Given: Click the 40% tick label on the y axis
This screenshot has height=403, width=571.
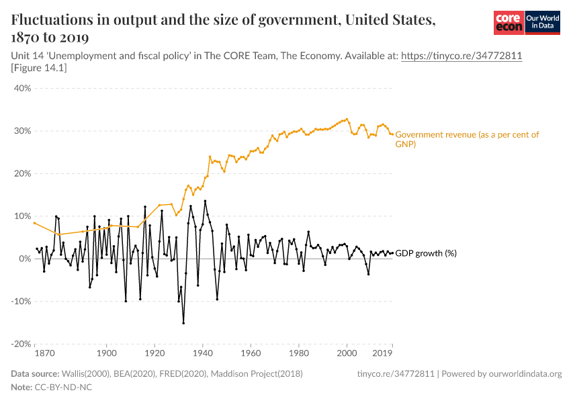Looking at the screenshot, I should (x=22, y=88).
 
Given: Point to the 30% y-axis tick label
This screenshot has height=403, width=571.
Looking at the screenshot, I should (x=22, y=131).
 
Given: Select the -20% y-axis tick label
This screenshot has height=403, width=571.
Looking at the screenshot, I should (x=21, y=344).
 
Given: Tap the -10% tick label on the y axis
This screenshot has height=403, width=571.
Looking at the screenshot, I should (x=21, y=302).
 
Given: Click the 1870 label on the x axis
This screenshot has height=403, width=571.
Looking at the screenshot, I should (x=44, y=353).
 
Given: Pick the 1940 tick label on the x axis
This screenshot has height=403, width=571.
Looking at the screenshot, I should (x=202, y=353).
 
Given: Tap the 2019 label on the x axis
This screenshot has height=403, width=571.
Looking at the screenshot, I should (x=383, y=353).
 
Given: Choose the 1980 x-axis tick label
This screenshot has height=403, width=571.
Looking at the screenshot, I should (x=298, y=353).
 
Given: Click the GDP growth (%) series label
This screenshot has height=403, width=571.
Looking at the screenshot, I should (x=425, y=253).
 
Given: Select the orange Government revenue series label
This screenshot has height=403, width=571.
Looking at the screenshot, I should (x=467, y=139).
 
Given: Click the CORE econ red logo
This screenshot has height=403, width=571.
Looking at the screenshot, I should (x=509, y=23).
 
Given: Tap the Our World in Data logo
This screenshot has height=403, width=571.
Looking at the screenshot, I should (x=542, y=23).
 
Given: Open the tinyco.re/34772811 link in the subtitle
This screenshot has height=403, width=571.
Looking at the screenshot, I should (x=462, y=56).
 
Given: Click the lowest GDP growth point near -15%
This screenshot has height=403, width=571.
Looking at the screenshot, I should (x=183, y=323).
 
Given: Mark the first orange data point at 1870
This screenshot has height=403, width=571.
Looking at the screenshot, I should (x=34, y=223).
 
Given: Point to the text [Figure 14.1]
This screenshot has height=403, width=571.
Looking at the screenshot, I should (x=39, y=68).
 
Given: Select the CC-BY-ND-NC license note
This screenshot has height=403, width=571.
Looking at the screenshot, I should (x=63, y=388).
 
